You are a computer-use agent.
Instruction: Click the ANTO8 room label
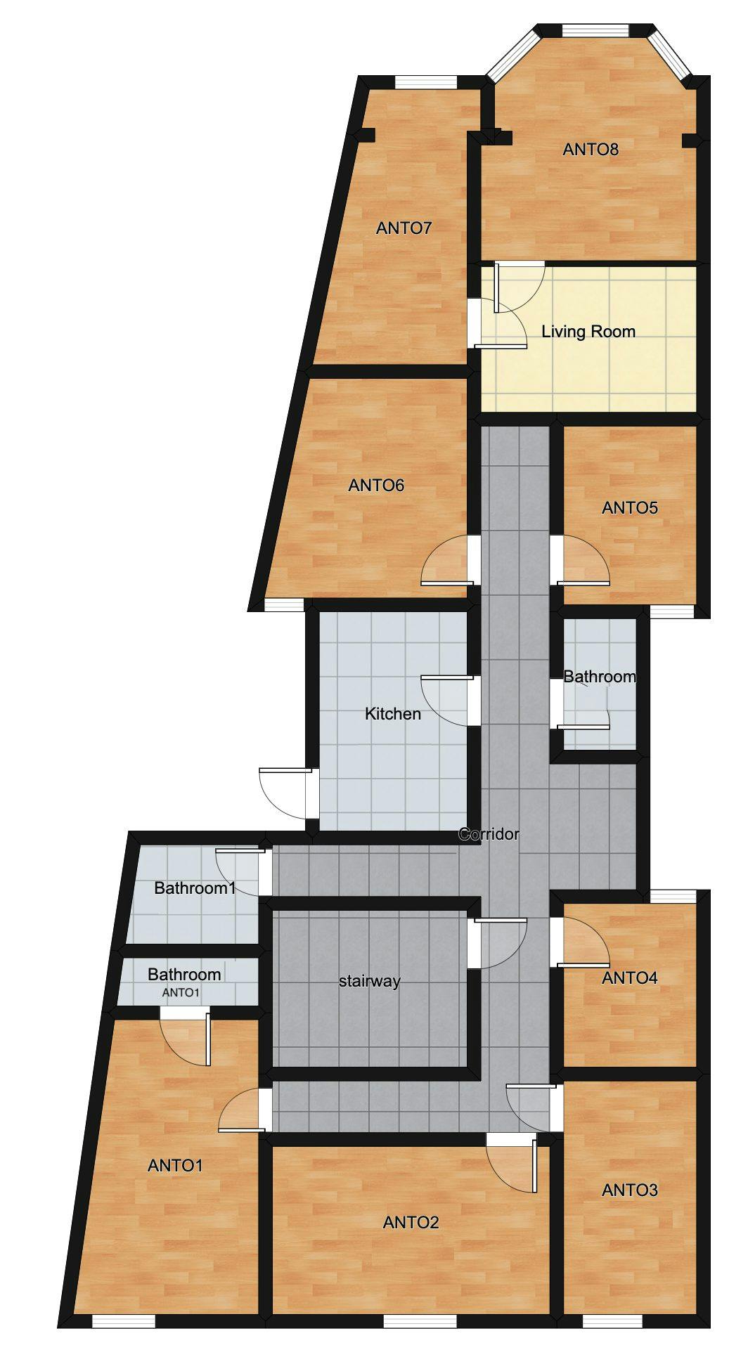click(x=591, y=149)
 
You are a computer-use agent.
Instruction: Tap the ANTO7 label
click(x=404, y=228)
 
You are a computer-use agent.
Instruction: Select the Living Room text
click(x=588, y=332)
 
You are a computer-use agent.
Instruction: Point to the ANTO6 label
click(x=376, y=485)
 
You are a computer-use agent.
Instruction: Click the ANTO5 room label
click(x=630, y=507)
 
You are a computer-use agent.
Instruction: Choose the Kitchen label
click(x=393, y=714)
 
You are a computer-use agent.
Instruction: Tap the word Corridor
click(x=489, y=834)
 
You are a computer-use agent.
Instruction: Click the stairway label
click(x=369, y=981)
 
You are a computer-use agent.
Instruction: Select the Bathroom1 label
click(x=195, y=888)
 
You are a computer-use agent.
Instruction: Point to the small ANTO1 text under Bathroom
click(x=181, y=993)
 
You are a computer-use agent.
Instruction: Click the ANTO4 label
click(x=630, y=977)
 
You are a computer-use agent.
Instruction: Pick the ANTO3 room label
click(x=630, y=1190)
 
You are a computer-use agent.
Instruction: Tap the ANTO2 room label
click(x=411, y=1222)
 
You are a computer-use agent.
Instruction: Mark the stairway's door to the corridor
click(x=499, y=942)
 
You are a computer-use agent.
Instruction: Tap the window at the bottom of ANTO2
click(x=411, y=1321)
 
